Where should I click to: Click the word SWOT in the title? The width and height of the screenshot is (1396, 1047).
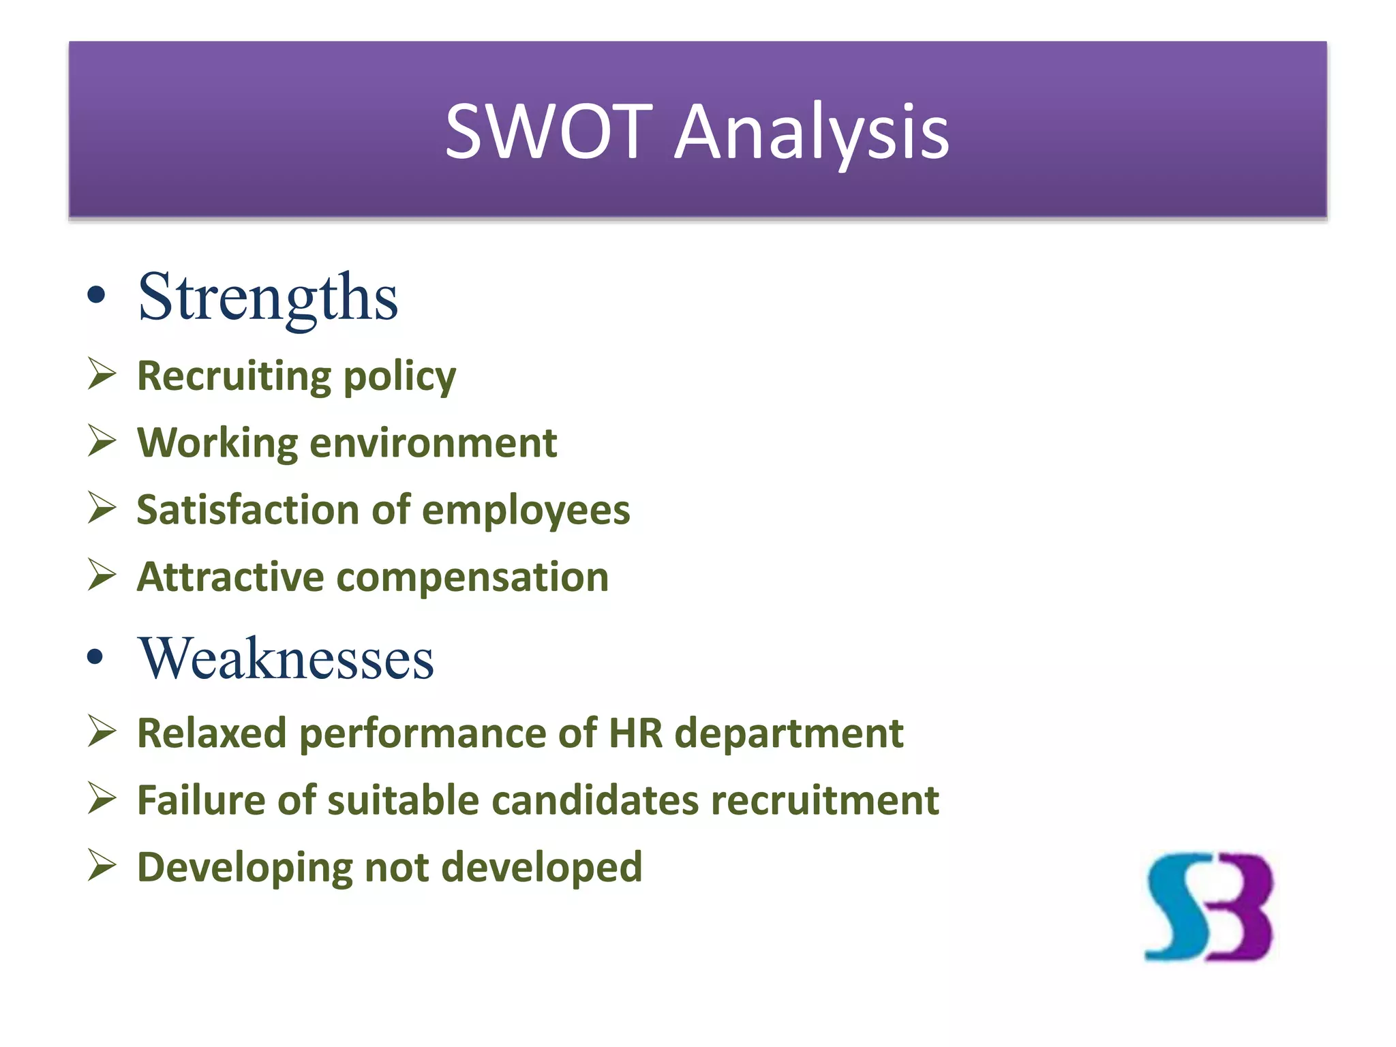(x=549, y=131)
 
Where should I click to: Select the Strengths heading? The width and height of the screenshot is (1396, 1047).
(x=268, y=297)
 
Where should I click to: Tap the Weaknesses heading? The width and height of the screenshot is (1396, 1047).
(x=286, y=658)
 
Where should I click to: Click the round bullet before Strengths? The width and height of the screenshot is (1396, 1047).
(x=97, y=296)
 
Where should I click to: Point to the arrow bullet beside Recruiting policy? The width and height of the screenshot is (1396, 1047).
(x=102, y=374)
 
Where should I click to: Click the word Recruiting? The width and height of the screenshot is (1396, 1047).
(x=234, y=376)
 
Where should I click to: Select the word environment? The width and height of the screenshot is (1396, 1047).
(x=434, y=443)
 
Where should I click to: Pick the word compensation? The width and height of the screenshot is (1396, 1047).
(x=472, y=578)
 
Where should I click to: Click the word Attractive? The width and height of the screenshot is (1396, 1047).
(x=230, y=577)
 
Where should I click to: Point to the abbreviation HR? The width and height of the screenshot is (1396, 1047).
(x=635, y=733)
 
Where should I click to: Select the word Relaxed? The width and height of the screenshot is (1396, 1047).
(x=212, y=733)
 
